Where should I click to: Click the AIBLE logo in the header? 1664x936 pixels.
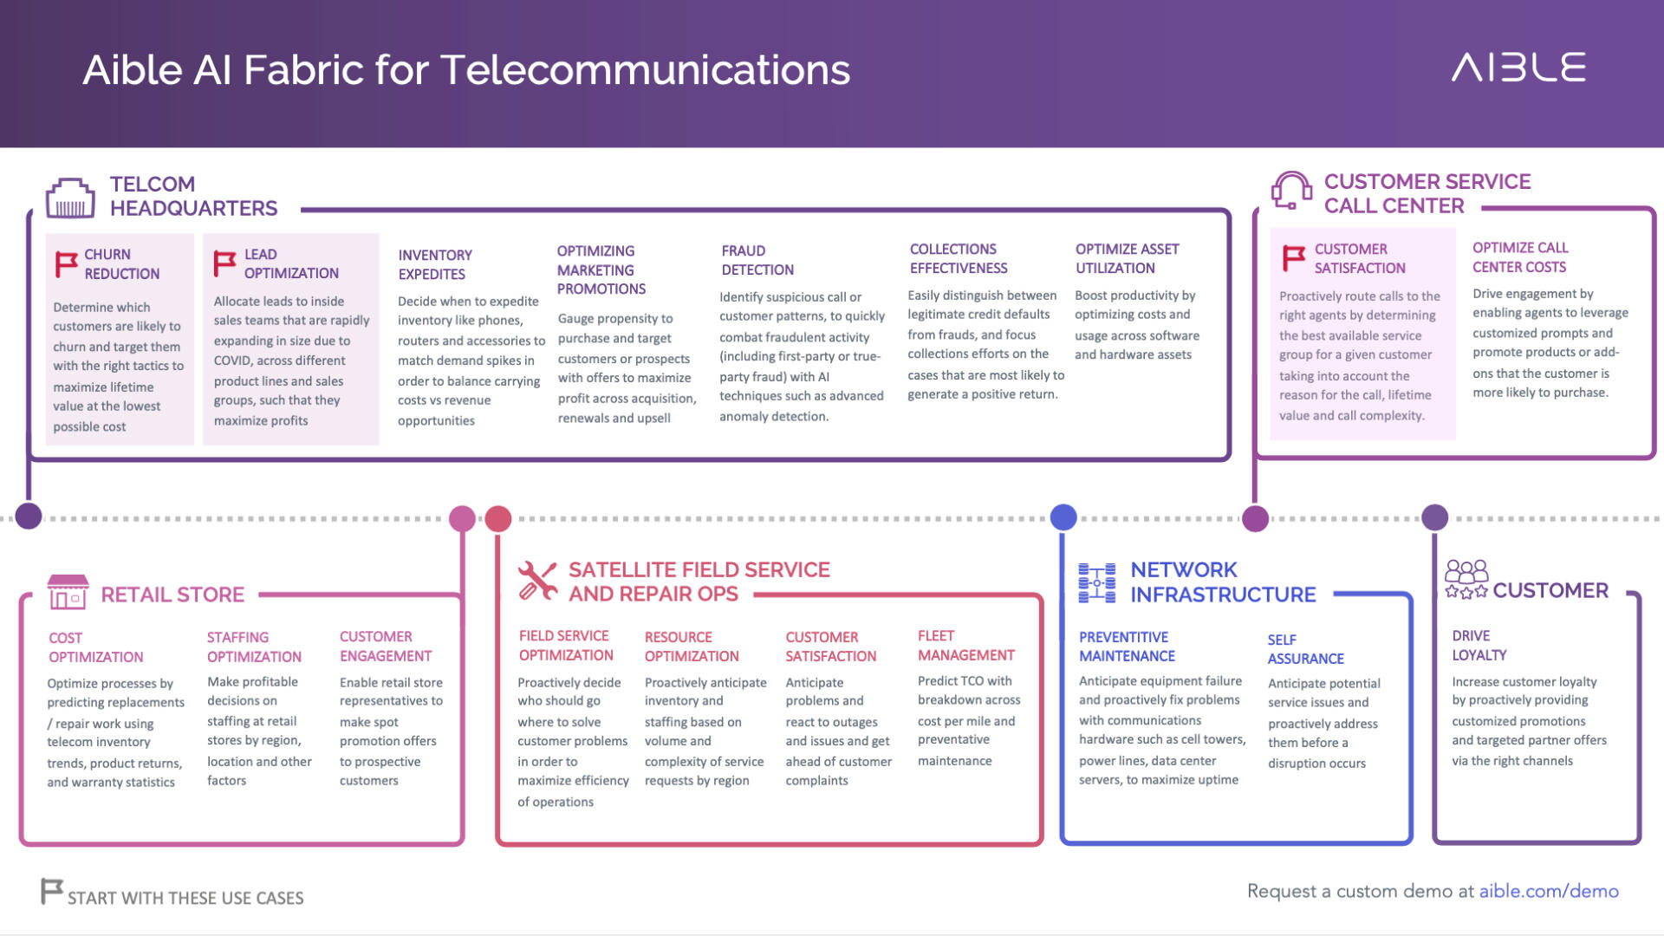click(1518, 68)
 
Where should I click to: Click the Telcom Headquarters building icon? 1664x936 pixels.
click(70, 198)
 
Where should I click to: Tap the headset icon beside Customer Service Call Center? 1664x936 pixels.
click(1291, 191)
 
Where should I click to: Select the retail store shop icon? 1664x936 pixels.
click(68, 593)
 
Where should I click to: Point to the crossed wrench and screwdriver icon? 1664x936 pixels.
click(537, 581)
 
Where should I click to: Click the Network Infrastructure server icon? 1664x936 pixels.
click(1097, 582)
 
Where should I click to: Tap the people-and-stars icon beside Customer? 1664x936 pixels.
click(1466, 579)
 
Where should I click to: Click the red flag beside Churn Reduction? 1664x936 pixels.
click(66, 263)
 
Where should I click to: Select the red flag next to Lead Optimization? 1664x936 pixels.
click(224, 263)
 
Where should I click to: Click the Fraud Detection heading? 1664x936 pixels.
click(757, 260)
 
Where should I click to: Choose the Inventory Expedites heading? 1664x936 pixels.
click(435, 264)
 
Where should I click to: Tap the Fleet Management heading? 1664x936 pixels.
click(966, 646)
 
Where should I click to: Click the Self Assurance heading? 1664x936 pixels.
click(1306, 649)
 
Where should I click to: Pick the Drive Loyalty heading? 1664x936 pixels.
click(1479, 646)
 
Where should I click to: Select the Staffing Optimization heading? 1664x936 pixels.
click(254, 647)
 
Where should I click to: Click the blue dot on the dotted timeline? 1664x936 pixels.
click(1063, 517)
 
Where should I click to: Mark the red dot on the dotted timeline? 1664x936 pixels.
click(498, 518)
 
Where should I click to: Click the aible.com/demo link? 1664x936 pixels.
click(1549, 891)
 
